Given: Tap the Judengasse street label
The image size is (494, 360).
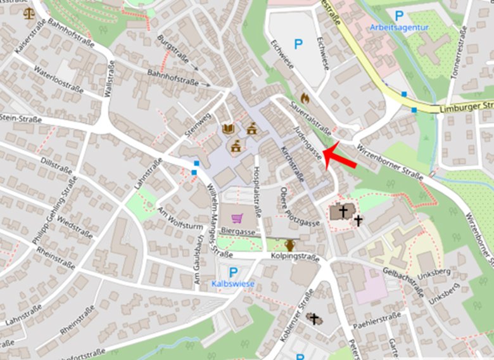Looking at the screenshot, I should (x=308, y=141).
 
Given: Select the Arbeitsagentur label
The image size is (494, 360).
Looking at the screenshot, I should (x=400, y=27).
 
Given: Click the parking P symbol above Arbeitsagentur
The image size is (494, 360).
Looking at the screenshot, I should (x=399, y=15).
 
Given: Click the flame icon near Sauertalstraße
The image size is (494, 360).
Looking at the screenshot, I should (x=305, y=98).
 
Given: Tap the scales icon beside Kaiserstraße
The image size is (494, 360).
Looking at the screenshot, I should (x=28, y=12).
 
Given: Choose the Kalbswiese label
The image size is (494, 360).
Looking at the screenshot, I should (x=233, y=284).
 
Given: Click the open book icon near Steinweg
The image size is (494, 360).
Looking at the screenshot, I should (x=228, y=130).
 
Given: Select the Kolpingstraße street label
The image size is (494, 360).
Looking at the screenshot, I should (x=295, y=257).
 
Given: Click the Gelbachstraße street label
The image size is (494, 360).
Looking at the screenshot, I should (x=403, y=280).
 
